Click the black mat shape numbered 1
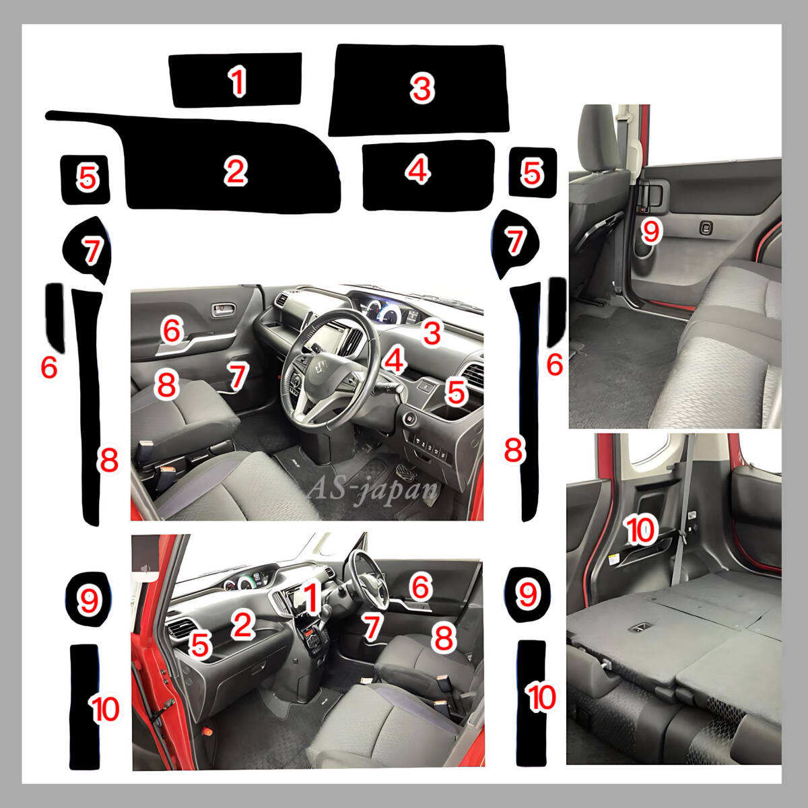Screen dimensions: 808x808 point(236,79)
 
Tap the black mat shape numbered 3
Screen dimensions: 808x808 point(419,90)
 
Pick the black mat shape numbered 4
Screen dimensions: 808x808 point(428,175)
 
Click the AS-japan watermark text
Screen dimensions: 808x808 point(372,487)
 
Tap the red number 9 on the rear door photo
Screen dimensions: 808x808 point(650,231)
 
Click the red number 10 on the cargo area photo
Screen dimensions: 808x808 point(641,530)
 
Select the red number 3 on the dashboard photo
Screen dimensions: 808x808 point(432,333)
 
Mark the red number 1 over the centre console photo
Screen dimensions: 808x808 point(310,597)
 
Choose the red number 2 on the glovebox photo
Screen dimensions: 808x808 point(243,624)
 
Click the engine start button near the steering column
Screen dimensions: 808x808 point(409,418)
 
